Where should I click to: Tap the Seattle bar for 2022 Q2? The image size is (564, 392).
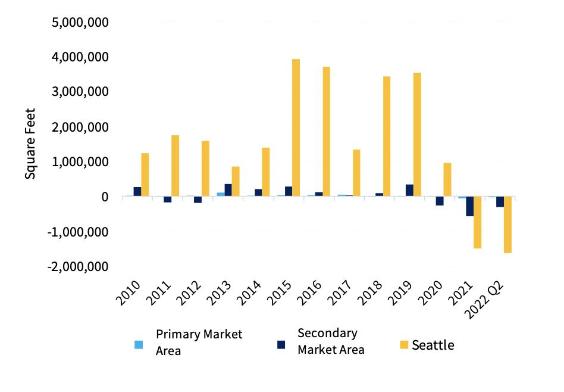tap(507, 225)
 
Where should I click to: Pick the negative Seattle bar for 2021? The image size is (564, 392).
tap(477, 222)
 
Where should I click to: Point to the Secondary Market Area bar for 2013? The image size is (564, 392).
tap(228, 190)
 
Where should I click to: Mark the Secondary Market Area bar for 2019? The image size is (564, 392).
tap(409, 190)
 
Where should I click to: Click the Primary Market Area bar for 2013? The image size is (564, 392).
tap(220, 194)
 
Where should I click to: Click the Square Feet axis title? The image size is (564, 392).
tap(30, 144)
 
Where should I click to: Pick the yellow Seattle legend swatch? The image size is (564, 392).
tap(404, 344)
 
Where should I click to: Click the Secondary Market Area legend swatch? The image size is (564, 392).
tap(281, 344)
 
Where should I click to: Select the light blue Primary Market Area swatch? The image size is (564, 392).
tap(139, 344)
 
